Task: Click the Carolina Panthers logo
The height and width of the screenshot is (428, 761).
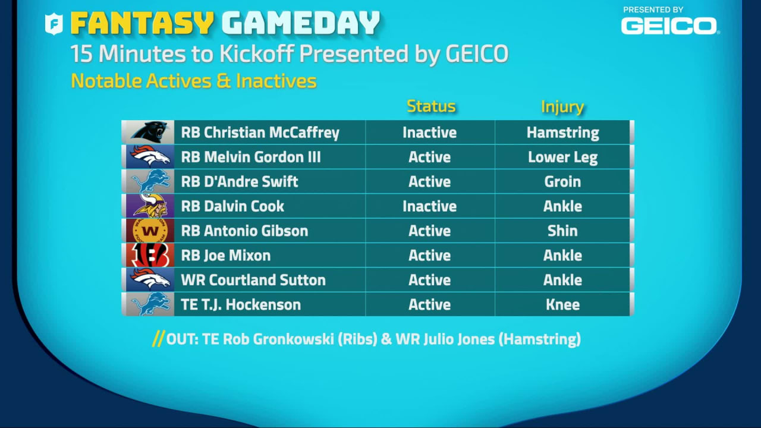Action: pyautogui.click(x=148, y=132)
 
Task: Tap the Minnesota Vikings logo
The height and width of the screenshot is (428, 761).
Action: pyautogui.click(x=148, y=206)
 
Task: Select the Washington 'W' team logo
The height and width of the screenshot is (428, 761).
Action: pyautogui.click(x=148, y=231)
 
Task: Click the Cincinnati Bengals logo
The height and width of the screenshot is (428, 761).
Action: pyautogui.click(x=148, y=256)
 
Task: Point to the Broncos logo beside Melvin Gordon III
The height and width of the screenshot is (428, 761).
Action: pyautogui.click(x=148, y=157)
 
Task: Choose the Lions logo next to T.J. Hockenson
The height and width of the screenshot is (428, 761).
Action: pyautogui.click(x=148, y=304)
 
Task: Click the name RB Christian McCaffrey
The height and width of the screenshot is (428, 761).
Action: pyautogui.click(x=260, y=133)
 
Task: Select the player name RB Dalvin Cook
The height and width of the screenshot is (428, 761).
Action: pyautogui.click(x=232, y=206)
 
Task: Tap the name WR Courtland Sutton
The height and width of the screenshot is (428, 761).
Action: pyautogui.click(x=253, y=280)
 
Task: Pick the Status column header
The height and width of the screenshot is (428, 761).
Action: pyautogui.click(x=431, y=106)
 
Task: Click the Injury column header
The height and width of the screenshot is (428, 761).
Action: pyautogui.click(x=562, y=107)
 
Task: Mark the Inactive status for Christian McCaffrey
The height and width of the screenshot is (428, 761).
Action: pyautogui.click(x=429, y=133)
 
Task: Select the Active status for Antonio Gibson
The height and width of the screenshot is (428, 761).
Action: pyautogui.click(x=429, y=231)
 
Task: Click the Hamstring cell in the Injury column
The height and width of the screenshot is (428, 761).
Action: pyautogui.click(x=562, y=133)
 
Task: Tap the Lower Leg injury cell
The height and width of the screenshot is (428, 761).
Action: pyautogui.click(x=562, y=157)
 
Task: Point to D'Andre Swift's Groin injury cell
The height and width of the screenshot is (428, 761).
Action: pyautogui.click(x=562, y=181)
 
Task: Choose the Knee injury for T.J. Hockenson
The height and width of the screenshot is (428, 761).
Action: pyautogui.click(x=562, y=304)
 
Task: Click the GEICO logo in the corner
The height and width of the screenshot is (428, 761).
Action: pyautogui.click(x=669, y=25)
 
